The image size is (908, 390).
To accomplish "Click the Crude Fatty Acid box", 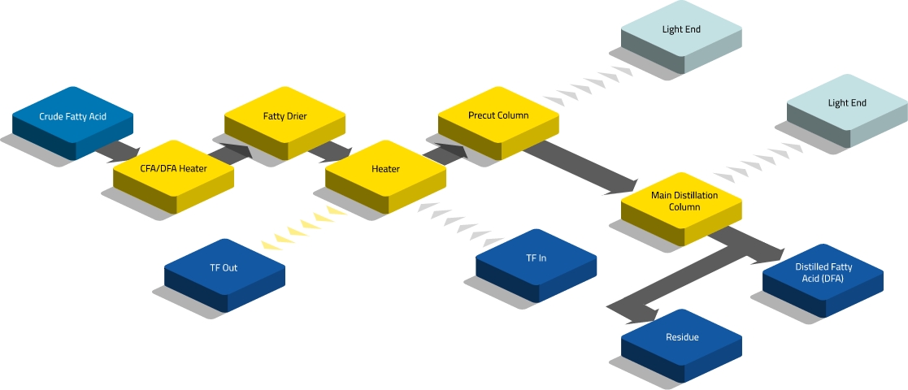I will (x=72, y=117).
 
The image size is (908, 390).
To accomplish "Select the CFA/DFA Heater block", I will (x=173, y=169).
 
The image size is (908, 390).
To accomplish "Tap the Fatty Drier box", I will (x=285, y=116).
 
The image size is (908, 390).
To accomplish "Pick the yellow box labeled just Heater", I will (x=385, y=169).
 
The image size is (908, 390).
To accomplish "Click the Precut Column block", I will (x=498, y=115).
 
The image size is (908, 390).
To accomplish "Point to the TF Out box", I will (x=224, y=268).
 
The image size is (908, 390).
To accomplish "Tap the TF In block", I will (x=536, y=259).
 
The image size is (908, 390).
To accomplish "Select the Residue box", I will (x=682, y=337).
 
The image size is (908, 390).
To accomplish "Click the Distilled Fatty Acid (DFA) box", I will (x=823, y=274).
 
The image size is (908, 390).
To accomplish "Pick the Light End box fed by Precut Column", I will (x=681, y=30).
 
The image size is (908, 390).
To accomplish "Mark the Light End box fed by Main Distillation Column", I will (x=847, y=104).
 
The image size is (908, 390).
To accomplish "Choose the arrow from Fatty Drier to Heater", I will (x=333, y=150).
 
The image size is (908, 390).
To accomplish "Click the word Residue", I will (x=682, y=337).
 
